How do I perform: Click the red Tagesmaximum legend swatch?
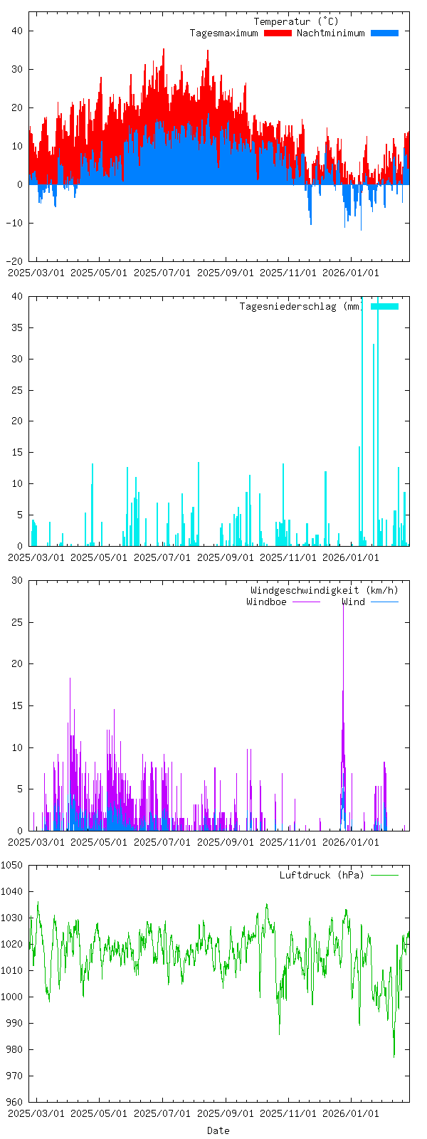point(278,33)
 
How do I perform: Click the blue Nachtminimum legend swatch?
point(384,33)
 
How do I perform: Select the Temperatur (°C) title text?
point(296,21)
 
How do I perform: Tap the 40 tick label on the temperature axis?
point(16,31)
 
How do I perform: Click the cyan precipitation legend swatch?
point(384,306)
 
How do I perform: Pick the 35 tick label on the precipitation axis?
point(16,327)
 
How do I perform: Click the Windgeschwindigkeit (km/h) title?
point(325,590)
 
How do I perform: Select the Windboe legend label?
point(266,602)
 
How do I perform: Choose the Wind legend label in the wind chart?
point(353,602)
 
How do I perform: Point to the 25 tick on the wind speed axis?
point(16,622)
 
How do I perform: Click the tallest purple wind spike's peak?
point(343,602)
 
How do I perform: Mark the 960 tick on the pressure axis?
point(14,1102)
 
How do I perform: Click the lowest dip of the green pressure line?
point(394,1056)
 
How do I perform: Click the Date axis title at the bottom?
point(218,1130)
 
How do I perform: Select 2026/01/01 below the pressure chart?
point(351,1113)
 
